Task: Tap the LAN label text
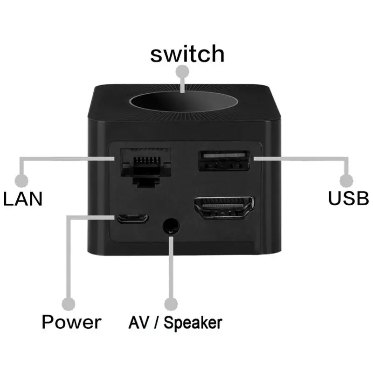(23, 199)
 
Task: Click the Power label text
(71, 322)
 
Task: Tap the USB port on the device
(223, 161)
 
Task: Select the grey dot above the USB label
(346, 180)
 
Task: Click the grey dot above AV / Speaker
(171, 304)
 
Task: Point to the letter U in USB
(334, 198)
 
